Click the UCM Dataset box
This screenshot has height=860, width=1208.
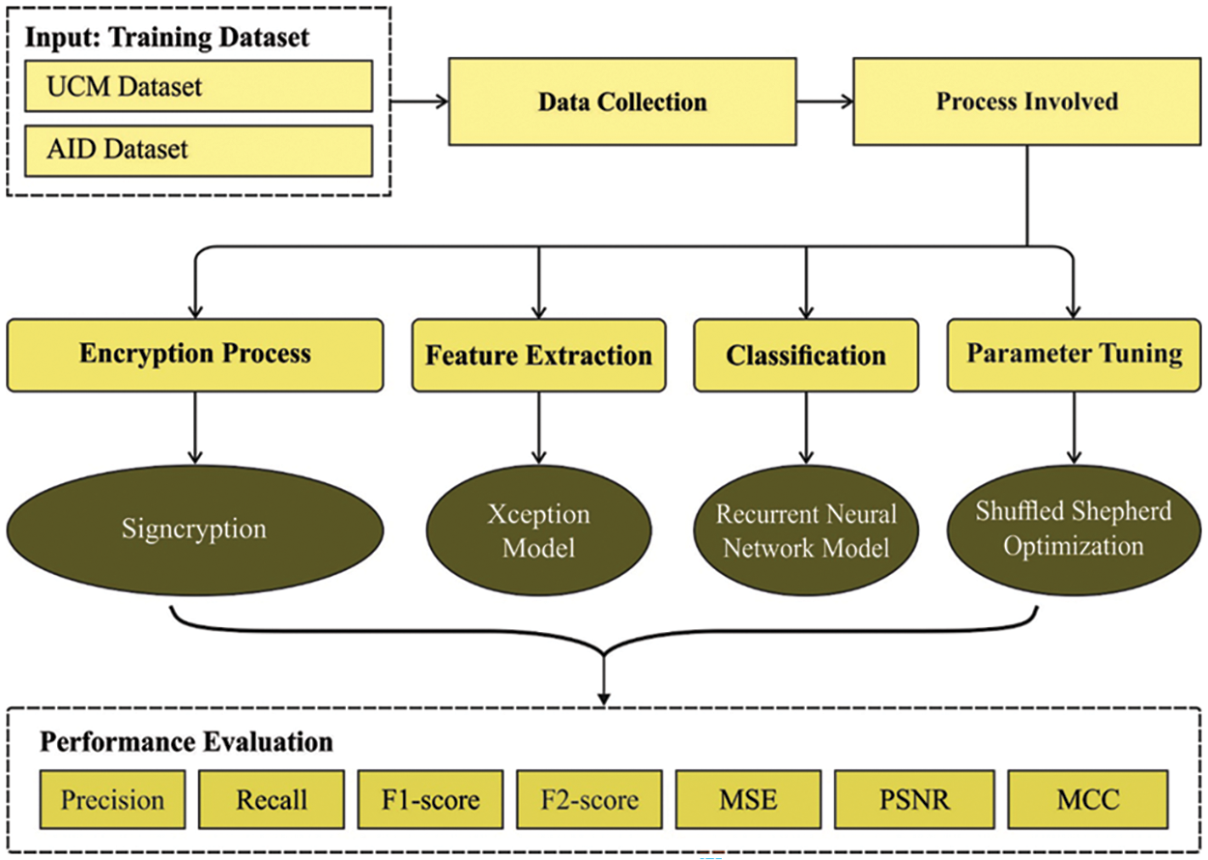[198, 86]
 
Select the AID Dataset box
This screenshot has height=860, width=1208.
[198, 150]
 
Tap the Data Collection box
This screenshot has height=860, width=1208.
[622, 101]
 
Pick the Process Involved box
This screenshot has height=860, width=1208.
[1026, 100]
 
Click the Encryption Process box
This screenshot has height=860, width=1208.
[194, 355]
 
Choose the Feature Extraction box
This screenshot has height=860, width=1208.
[538, 355]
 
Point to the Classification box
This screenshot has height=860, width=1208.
[805, 355]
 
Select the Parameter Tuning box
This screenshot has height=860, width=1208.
[1074, 355]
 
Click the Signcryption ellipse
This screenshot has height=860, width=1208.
[194, 530]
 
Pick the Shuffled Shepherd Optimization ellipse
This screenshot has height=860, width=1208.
[1073, 528]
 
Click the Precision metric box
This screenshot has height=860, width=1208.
[113, 799]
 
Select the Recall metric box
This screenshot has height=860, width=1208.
[272, 799]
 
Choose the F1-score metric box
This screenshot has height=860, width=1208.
[430, 799]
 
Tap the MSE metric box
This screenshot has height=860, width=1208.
[747, 799]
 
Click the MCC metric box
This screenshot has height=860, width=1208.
[1088, 799]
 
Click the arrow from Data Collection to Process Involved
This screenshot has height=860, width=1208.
[823, 101]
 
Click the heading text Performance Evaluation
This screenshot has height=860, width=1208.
[187, 742]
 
